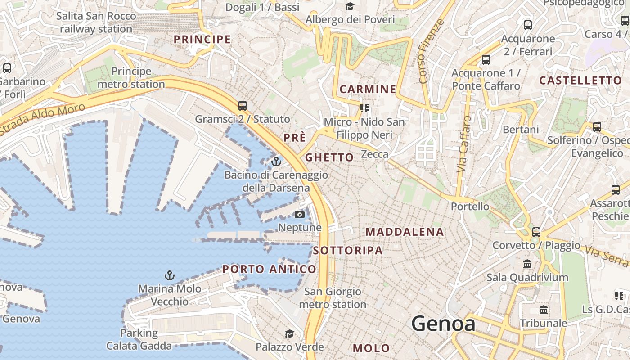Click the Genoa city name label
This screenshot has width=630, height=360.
[x=443, y=324]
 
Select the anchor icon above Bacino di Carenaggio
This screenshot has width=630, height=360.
[x=276, y=161]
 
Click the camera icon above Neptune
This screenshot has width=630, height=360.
[x=300, y=214]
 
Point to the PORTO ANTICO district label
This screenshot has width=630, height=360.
[x=270, y=269]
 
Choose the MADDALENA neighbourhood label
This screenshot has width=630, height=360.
[x=405, y=232]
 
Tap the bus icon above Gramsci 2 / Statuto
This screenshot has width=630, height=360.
[x=243, y=106]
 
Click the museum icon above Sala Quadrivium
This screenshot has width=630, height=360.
[x=527, y=264]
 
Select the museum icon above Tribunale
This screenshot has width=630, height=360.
[x=543, y=310]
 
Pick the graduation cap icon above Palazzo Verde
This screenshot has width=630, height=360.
[x=289, y=333]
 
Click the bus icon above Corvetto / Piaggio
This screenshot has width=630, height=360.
[x=536, y=232]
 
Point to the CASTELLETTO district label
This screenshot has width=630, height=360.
[x=580, y=81]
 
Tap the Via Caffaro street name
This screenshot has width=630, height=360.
[x=463, y=144]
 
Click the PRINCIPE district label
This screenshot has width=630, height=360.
[x=202, y=39]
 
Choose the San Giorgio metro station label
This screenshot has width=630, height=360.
[x=333, y=298]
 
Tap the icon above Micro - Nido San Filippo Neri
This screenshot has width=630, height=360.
[x=364, y=108]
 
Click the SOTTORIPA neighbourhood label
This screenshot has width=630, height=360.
[x=348, y=250]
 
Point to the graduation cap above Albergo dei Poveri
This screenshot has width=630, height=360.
[x=350, y=6]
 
